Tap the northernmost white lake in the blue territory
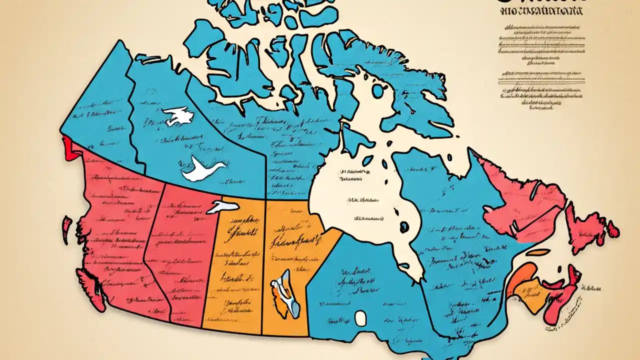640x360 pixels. click(x=177, y=116)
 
